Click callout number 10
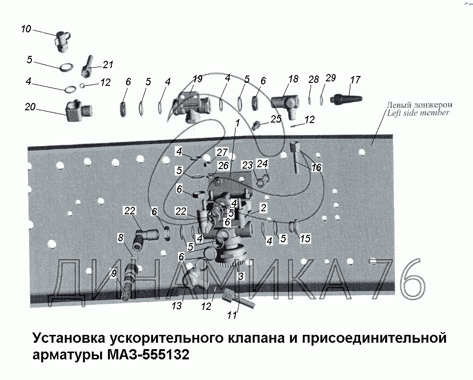(x=26, y=29)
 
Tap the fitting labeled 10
(x=63, y=41)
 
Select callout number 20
(x=30, y=107)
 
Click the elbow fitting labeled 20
(x=79, y=111)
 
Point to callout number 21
(x=107, y=65)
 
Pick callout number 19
(x=197, y=79)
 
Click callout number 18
(x=293, y=79)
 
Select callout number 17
(x=355, y=80)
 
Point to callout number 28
(x=314, y=79)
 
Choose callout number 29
(x=331, y=78)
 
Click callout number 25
(x=276, y=119)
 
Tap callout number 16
(x=316, y=168)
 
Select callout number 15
(x=305, y=239)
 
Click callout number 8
(x=120, y=238)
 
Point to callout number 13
(x=177, y=306)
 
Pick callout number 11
(x=232, y=315)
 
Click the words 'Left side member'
(x=418, y=113)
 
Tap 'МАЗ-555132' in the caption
(x=148, y=355)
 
